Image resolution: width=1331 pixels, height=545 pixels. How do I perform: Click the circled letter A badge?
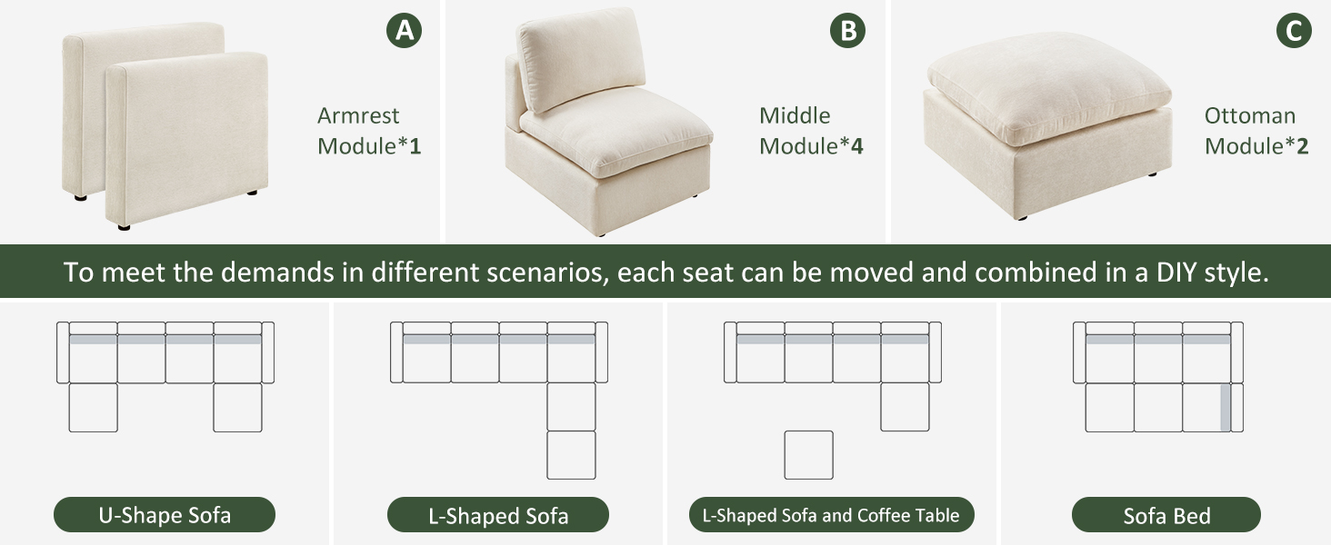click(404, 30)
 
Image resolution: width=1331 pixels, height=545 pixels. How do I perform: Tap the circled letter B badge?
click(847, 30)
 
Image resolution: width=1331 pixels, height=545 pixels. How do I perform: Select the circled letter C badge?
click(1294, 30)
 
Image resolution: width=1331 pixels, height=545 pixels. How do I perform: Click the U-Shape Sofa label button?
click(165, 515)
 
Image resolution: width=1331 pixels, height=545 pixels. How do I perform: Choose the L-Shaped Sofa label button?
click(498, 515)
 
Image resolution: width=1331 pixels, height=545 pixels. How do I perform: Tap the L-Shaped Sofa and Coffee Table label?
click(831, 515)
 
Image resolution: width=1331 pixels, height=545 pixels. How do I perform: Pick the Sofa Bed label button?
click(1166, 515)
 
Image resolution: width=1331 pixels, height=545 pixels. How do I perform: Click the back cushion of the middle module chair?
click(581, 58)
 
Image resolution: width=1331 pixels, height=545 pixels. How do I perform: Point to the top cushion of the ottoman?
click(1049, 88)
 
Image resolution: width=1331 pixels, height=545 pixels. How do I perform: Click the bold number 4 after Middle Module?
click(856, 146)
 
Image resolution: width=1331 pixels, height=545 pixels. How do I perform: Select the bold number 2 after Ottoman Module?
click(1303, 146)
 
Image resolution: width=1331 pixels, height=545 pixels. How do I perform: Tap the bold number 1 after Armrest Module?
click(415, 146)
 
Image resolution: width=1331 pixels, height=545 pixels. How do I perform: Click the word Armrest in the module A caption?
click(357, 115)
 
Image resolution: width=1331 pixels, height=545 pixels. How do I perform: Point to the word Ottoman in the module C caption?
click(1249, 115)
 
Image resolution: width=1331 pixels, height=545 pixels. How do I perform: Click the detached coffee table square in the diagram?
click(809, 455)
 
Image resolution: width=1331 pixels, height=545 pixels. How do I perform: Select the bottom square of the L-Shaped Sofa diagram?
click(571, 455)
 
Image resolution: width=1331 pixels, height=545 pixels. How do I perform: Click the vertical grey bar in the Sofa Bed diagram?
click(1226, 408)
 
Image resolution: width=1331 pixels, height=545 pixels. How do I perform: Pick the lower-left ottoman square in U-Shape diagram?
click(94, 407)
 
